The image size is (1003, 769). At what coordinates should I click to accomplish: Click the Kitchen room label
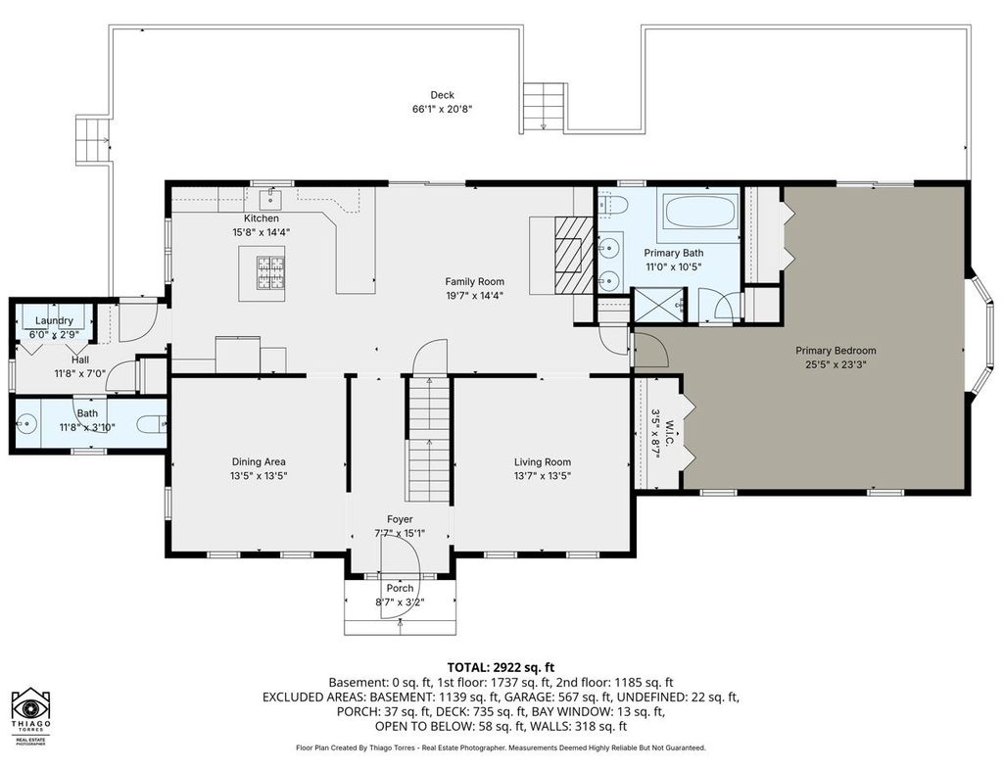click(x=261, y=218)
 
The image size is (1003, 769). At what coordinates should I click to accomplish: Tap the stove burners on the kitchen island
click(x=270, y=272)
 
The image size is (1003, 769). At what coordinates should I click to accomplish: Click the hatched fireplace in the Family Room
click(x=574, y=254)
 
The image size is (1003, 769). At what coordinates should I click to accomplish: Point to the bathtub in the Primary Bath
click(x=700, y=212)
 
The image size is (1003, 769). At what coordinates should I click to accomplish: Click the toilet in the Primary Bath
click(x=613, y=205)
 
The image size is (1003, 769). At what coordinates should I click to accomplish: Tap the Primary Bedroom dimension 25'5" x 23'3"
click(x=836, y=364)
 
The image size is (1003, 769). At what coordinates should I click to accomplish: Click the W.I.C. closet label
click(x=670, y=433)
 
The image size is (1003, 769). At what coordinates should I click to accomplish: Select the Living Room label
click(x=543, y=462)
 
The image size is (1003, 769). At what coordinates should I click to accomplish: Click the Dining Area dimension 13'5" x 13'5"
click(x=259, y=476)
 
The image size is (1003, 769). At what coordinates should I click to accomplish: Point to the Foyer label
click(x=400, y=519)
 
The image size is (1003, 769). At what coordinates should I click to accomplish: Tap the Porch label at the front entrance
click(x=400, y=588)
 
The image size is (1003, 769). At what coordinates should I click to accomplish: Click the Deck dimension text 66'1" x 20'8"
click(x=442, y=109)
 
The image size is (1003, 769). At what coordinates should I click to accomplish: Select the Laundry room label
click(x=55, y=320)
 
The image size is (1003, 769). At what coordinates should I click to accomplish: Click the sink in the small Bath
click(x=26, y=423)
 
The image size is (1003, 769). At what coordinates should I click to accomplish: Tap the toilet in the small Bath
click(x=152, y=423)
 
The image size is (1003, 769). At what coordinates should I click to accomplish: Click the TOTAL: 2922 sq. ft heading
click(x=501, y=668)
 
